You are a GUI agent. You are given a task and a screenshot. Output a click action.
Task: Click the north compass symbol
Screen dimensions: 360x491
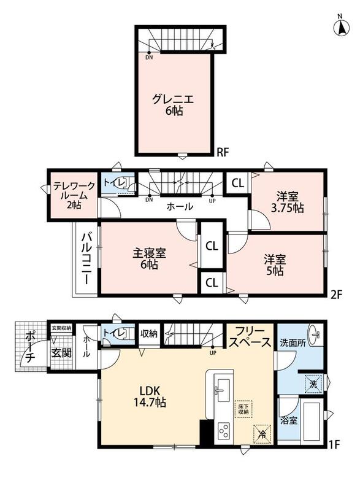coord(341,26)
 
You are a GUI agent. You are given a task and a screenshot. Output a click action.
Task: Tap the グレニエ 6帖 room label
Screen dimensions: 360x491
coord(173,105)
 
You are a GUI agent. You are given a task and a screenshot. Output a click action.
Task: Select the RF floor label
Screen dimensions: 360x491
coord(223,152)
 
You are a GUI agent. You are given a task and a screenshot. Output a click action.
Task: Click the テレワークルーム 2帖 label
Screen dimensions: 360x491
coord(74,195)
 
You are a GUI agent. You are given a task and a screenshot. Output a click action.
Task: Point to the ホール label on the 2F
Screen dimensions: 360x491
coord(180,206)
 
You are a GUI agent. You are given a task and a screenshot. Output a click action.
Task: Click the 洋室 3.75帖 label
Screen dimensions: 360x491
coord(287,203)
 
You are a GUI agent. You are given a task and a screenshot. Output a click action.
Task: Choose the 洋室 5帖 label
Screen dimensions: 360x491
coord(275,265)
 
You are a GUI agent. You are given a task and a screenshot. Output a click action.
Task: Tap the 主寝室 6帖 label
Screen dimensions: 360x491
coord(149,258)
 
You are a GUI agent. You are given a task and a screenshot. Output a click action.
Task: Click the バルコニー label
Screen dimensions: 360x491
coord(86,258)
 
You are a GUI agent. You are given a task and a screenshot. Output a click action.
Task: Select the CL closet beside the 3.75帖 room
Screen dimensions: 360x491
coord(238,183)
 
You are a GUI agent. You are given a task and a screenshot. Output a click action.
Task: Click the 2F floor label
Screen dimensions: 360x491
coord(337,295)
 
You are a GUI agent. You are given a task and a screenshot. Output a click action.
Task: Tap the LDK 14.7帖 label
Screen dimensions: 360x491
coord(150,396)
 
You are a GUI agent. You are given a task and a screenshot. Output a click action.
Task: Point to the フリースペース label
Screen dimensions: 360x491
coord(250,337)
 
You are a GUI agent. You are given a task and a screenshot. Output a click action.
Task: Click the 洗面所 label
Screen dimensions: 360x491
coord(293,343)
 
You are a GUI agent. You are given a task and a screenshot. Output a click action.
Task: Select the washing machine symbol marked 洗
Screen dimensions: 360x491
coord(314,384)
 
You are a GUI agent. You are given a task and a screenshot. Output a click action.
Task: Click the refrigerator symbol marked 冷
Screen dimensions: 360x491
coord(262,434)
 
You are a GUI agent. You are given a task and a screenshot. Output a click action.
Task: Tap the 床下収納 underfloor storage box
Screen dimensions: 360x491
coord(243,409)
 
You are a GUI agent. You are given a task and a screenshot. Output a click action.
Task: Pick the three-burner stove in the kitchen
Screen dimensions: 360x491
coord(224,432)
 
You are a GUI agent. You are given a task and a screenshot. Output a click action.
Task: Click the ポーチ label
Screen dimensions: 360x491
coord(29,347)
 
